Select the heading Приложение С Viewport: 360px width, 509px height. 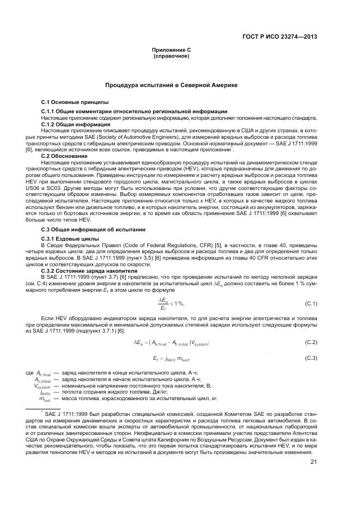170,50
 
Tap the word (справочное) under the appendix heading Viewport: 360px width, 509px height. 170,56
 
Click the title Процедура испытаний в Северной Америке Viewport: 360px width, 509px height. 170,85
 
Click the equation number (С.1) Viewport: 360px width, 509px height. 310,303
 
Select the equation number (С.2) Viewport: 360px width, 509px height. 310,342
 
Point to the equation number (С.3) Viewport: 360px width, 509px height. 310,358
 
